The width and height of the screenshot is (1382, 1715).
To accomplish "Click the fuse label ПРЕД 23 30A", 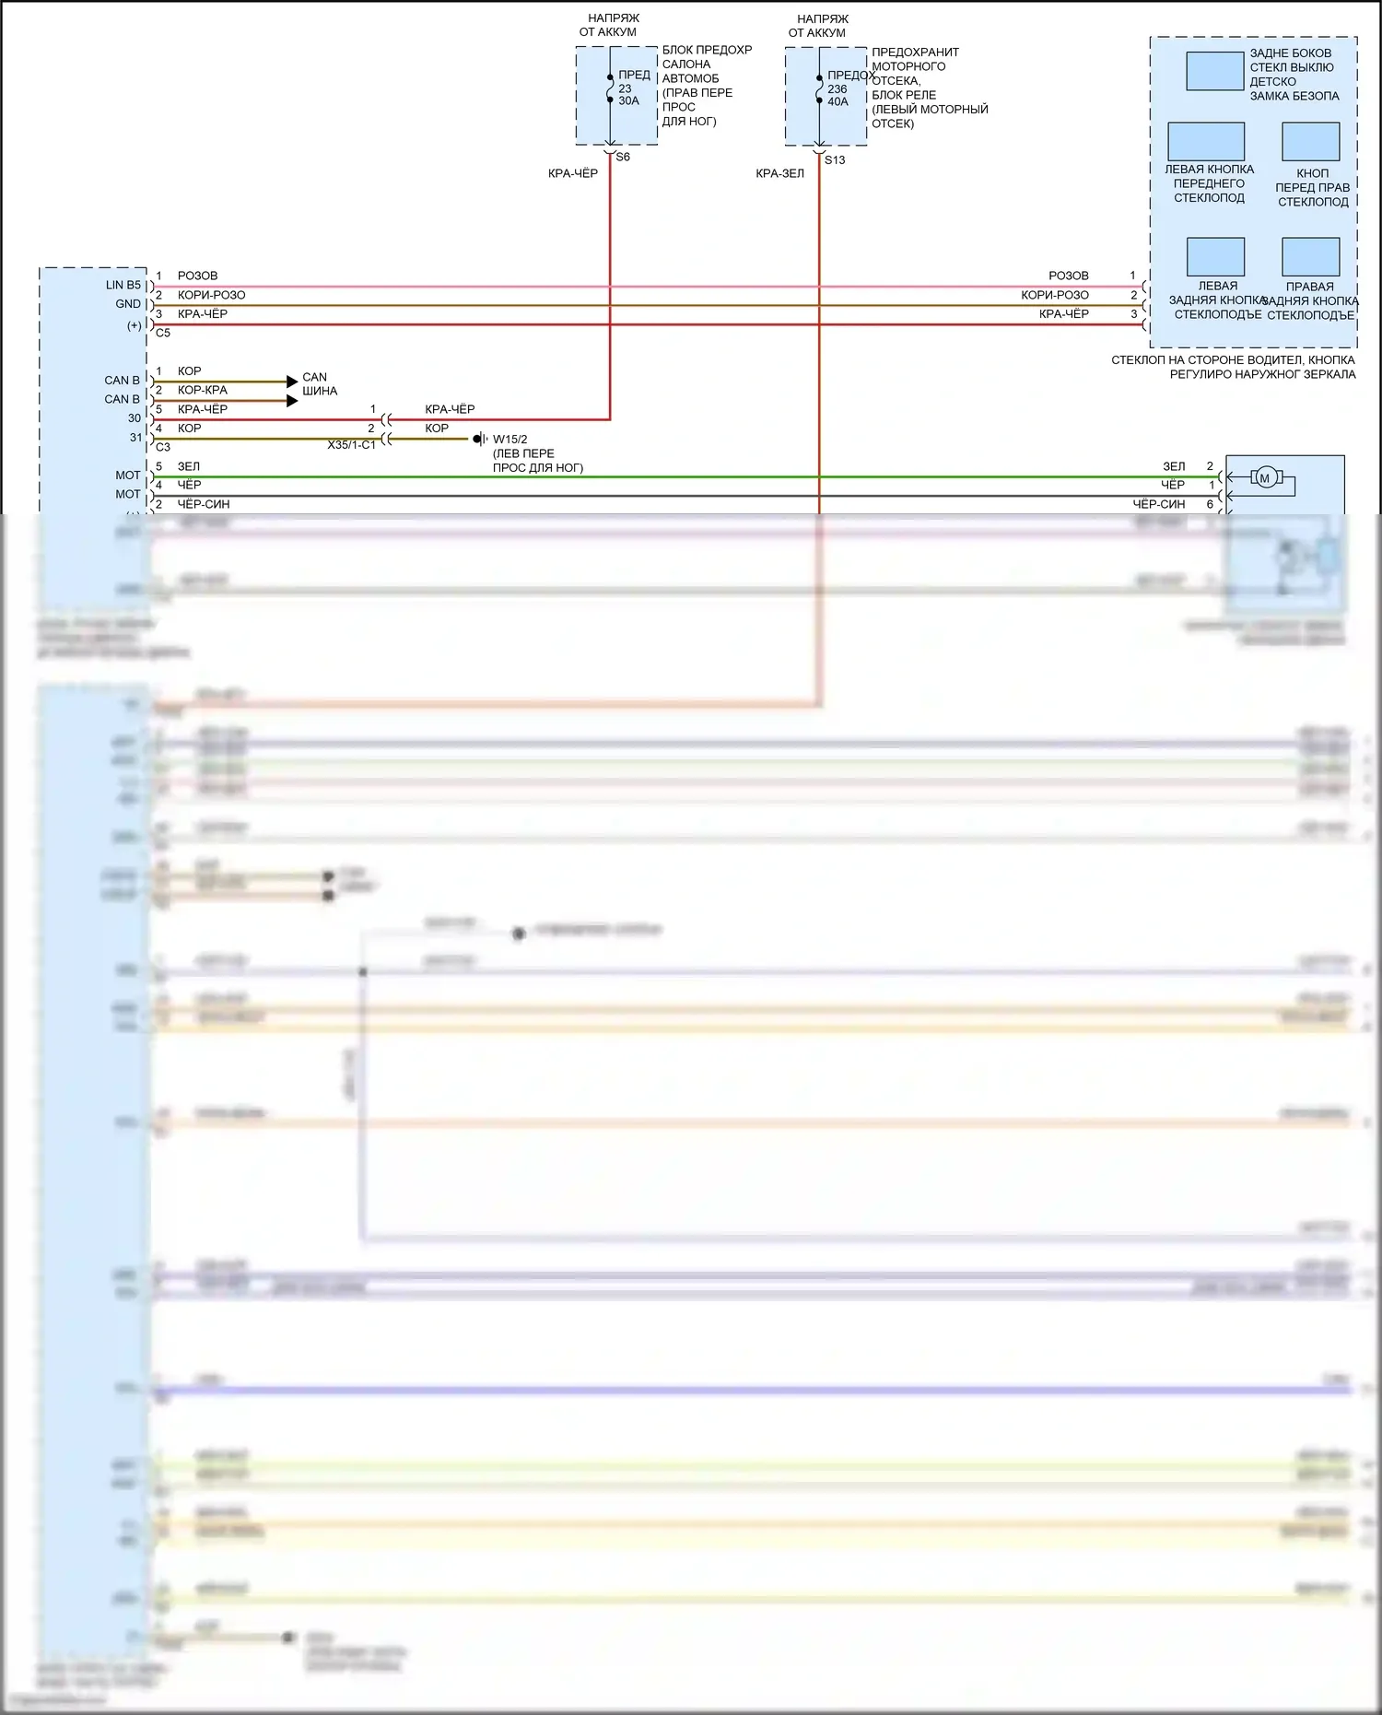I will click(633, 88).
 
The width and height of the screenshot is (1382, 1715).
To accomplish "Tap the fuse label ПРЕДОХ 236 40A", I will click(844, 88).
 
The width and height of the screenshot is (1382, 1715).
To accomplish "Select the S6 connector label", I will click(623, 158).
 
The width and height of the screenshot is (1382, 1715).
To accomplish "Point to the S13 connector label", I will click(835, 160).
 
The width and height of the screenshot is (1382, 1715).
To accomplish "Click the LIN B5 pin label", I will click(123, 286).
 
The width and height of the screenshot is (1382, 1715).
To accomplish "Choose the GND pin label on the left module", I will click(128, 304).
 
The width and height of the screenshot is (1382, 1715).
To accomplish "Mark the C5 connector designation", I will click(163, 333).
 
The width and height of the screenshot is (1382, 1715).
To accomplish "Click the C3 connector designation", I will click(163, 447).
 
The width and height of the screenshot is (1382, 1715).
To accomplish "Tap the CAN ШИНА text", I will click(319, 384).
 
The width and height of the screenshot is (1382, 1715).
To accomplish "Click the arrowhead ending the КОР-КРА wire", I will click(292, 401).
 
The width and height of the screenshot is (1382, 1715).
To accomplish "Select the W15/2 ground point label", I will click(509, 440).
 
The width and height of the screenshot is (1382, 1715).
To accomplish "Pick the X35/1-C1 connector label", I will click(351, 445).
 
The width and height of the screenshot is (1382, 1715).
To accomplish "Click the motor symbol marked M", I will click(1264, 477).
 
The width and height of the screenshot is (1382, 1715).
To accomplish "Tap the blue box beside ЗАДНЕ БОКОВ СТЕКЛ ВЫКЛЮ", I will click(1214, 72).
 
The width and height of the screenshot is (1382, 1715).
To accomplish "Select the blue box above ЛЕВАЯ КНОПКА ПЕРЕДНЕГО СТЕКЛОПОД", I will click(1205, 142).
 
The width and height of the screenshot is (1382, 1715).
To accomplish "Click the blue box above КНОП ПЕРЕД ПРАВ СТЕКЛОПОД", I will click(1310, 142).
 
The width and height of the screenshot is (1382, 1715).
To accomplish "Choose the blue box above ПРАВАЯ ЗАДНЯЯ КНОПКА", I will click(1310, 257).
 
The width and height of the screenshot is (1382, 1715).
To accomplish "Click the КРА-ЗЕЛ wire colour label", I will click(779, 174).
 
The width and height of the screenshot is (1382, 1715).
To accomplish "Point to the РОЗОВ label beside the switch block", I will click(1068, 276).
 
